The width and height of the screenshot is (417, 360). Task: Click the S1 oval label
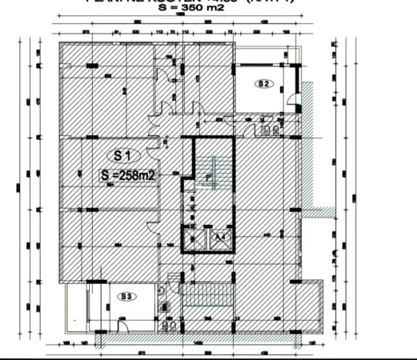click(124, 156)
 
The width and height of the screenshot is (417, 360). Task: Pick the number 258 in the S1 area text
click(131, 175)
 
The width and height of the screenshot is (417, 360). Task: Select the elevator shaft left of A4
click(195, 238)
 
